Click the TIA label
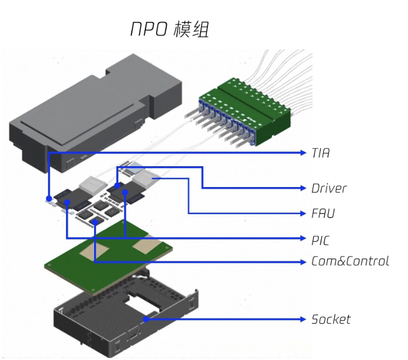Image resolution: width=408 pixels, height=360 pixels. click(320, 153)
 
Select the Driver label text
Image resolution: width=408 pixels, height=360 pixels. click(329, 188)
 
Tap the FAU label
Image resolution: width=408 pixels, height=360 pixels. click(323, 214)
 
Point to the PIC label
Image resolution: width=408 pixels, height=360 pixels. click(321, 240)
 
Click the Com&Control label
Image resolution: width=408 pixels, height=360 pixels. click(350, 261)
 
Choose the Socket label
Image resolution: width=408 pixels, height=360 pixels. click(331, 319)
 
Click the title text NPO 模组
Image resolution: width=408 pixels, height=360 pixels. click(169, 29)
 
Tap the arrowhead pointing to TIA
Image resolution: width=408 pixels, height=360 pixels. click(302, 153)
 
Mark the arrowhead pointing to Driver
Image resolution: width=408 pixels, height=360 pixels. click(302, 188)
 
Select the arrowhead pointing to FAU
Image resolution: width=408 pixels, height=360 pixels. click(302, 214)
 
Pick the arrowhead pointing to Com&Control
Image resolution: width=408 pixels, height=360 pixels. click(302, 261)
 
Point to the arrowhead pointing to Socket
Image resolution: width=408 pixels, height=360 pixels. click(302, 319)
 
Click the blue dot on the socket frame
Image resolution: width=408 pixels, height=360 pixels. click(146, 319)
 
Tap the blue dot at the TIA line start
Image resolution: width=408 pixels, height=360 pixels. click(50, 198)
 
